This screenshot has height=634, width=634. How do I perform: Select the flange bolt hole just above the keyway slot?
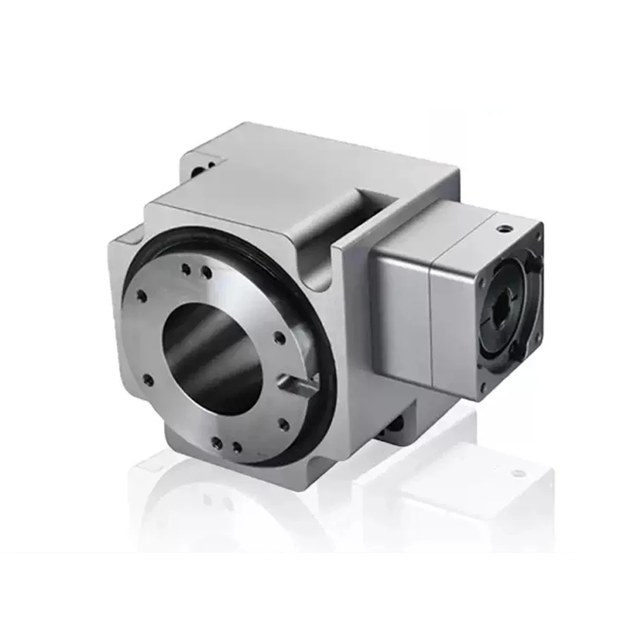coord(279,339)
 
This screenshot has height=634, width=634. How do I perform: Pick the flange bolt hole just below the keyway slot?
coord(283,424)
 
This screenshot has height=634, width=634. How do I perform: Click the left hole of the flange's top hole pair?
coord(186,269)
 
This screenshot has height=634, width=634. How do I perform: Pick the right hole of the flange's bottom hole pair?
coord(236,448)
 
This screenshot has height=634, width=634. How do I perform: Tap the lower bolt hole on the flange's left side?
coord(148,380)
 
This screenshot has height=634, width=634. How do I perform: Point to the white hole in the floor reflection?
coord(518,473)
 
